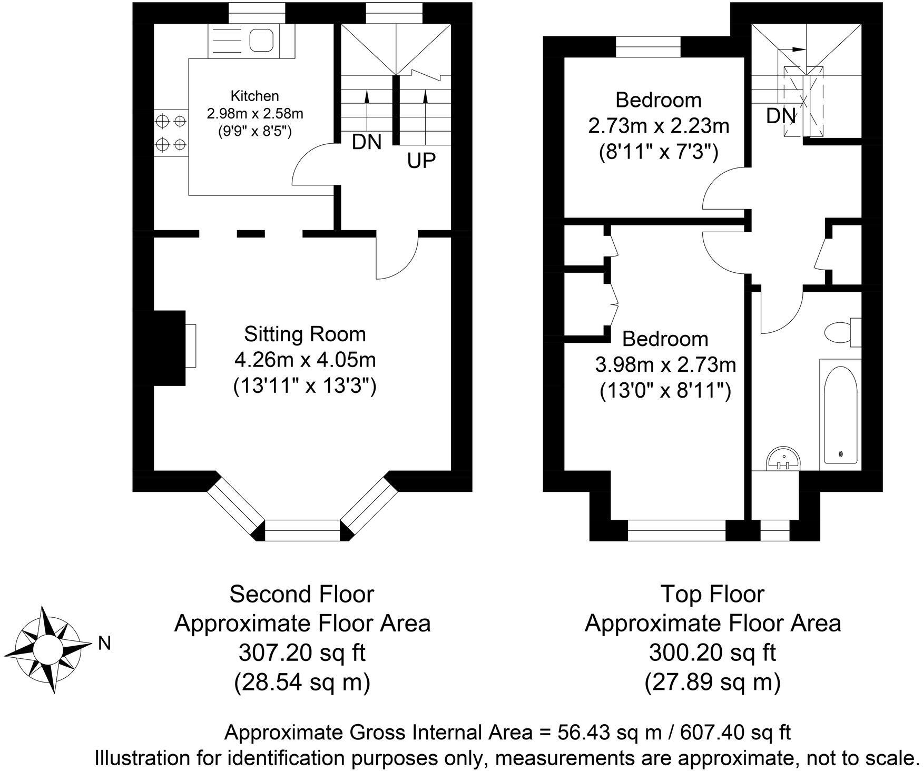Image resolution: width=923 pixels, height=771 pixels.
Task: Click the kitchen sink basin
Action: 260,40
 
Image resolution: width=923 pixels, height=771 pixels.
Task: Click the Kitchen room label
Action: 254,96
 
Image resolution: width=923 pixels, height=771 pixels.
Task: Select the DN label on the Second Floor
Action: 367,142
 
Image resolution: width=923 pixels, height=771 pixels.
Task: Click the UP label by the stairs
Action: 421,161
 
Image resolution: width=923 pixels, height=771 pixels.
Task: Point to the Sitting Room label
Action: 305,334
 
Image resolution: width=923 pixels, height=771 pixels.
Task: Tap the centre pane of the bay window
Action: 302,530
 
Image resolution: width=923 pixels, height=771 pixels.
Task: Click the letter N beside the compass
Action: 104,643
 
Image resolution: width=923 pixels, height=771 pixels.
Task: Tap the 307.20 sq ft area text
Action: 302,654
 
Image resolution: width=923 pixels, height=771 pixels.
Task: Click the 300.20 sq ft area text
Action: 712,654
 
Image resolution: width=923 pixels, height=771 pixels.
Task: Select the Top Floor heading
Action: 712,594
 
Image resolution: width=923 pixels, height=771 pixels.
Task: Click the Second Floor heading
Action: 302,594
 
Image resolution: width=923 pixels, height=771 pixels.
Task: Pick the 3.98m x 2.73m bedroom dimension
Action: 665,364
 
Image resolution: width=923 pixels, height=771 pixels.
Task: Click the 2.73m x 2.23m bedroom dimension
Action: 659,126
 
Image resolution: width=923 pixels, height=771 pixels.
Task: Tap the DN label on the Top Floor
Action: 781,116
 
